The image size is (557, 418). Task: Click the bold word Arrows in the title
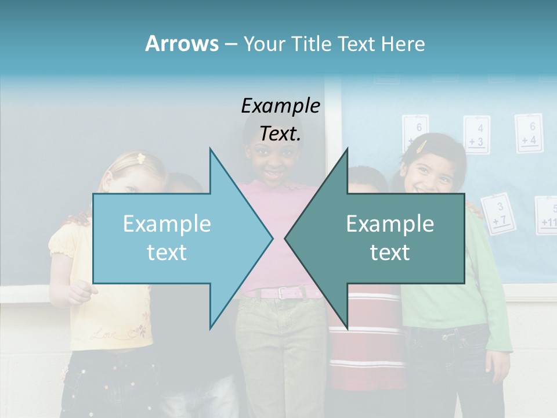182,44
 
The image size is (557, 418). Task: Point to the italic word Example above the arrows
281,106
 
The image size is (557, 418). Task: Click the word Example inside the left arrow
167,224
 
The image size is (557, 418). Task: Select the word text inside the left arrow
167,253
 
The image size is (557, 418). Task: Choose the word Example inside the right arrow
390,224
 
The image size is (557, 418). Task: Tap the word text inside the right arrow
390,253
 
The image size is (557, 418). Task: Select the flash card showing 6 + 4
529,133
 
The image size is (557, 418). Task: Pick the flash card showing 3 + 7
498,214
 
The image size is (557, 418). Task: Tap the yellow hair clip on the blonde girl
140,157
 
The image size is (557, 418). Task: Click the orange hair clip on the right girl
422,146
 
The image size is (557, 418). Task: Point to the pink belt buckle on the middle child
283,293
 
